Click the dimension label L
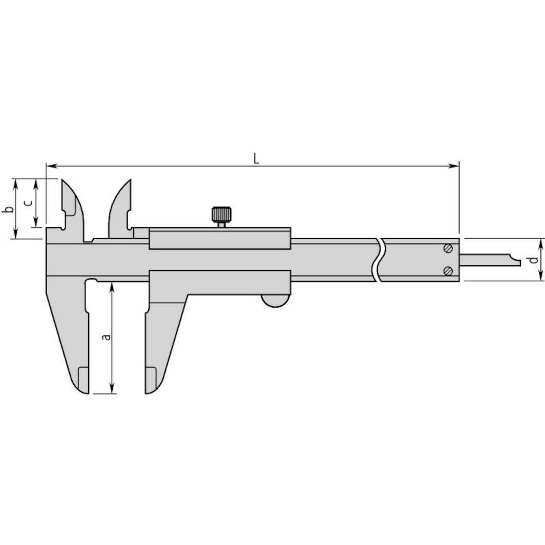(257, 158)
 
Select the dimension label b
(7, 209)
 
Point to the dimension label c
(29, 202)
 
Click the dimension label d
(533, 260)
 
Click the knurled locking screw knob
(221, 214)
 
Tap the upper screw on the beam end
(448, 249)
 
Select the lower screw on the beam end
(448, 271)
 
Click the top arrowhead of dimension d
(541, 242)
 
